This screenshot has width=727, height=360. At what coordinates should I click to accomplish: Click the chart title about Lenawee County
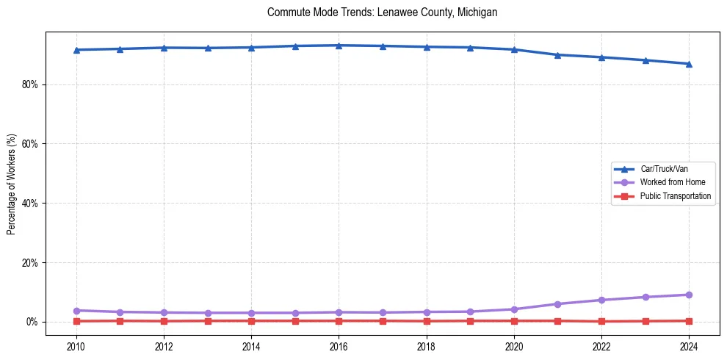click(383, 12)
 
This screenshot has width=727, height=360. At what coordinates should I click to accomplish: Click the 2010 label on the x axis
click(76, 347)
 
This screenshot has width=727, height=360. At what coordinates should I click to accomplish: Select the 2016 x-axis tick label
click(339, 347)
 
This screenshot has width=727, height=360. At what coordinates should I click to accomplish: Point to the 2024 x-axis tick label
click(689, 347)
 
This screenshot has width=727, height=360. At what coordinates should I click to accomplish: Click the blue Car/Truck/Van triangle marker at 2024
click(689, 64)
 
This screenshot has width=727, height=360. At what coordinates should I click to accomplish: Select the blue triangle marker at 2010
click(76, 49)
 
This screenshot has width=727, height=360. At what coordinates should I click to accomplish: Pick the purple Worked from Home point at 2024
click(689, 295)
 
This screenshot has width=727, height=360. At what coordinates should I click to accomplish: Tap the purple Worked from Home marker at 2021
click(557, 304)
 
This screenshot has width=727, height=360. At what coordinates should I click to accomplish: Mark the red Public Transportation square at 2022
click(601, 321)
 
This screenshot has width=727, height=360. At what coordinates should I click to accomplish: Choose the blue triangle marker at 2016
click(339, 46)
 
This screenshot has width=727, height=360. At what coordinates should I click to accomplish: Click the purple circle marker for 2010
click(76, 311)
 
